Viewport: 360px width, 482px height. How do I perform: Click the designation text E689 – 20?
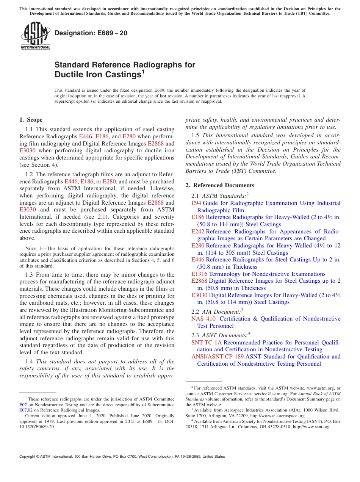91,33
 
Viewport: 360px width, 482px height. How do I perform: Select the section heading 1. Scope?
31,120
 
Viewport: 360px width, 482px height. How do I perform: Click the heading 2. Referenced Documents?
220,185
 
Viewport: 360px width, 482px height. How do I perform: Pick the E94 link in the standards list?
196,203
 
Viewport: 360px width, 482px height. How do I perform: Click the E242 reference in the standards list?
198,232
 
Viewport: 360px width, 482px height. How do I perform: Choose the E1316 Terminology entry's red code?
199,274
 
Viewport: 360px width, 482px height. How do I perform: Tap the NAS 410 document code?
203,319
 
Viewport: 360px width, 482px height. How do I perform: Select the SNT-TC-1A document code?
207,343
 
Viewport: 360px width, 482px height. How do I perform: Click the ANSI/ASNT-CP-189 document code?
218,357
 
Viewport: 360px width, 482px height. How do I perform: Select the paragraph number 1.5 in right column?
196,135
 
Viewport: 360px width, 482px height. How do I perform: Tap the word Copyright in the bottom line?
28,457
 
